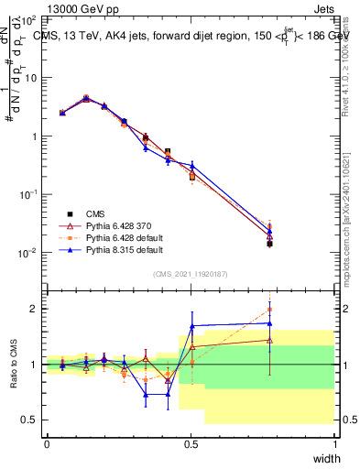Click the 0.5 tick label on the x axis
point(191,443)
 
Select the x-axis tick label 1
point(334,443)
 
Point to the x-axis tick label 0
point(47,443)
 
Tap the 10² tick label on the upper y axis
point(31,18)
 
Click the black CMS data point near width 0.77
point(269,244)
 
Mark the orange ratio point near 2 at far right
point(269,310)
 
